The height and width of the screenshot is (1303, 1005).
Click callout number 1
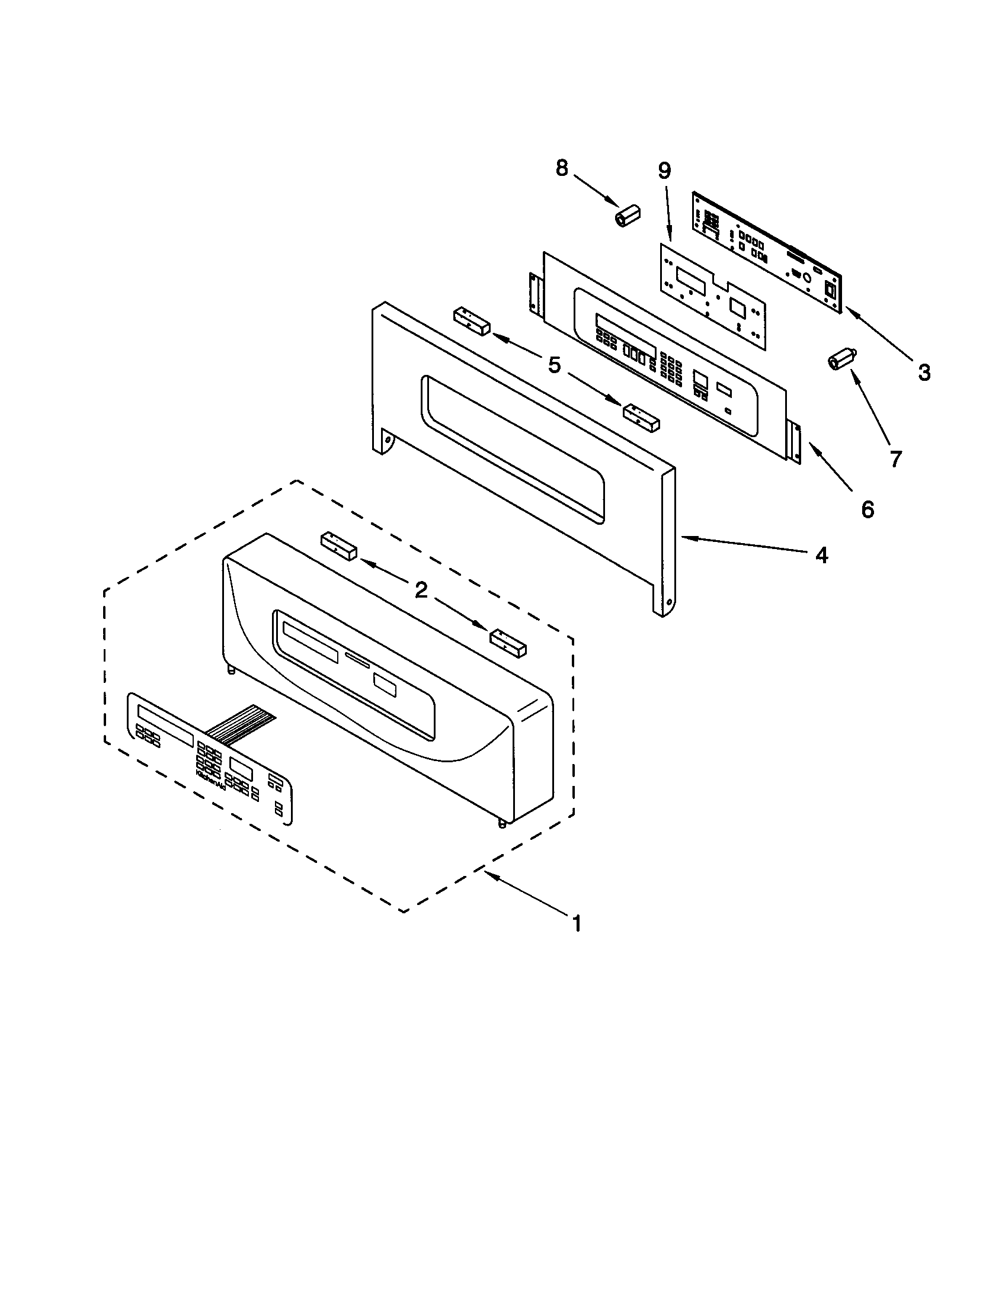coord(576,924)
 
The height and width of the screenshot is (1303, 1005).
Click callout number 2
coord(421,590)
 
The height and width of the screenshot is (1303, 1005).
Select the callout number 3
coord(924,373)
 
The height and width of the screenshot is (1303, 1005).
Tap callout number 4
coord(822,556)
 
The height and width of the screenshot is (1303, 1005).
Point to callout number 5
coord(555,365)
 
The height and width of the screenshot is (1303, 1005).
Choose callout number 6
coord(867,509)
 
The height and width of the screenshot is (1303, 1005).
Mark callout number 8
coord(562,168)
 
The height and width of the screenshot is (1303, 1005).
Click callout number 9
coord(664,171)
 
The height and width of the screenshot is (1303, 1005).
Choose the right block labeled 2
coord(508,643)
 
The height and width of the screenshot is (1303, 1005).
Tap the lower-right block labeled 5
coord(642,417)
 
